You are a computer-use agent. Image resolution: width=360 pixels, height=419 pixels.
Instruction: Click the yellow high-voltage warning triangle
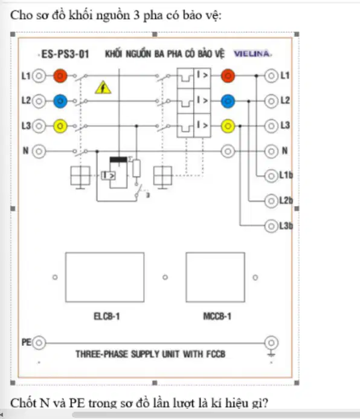(103, 88)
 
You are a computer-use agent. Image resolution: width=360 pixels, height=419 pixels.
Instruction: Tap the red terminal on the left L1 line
(60, 76)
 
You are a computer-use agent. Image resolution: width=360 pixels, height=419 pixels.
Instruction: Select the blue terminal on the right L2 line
(228, 102)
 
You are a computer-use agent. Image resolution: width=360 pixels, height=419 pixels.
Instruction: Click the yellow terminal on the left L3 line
(60, 126)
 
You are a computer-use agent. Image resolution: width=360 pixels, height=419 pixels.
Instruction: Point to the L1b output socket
(271, 176)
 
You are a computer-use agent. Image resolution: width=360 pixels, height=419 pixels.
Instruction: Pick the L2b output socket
(271, 201)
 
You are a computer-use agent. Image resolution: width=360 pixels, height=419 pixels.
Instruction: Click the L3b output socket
(271, 226)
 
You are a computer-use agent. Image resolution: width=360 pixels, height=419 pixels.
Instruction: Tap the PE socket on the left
(39, 343)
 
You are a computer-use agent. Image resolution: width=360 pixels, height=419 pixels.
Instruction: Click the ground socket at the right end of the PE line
(271, 343)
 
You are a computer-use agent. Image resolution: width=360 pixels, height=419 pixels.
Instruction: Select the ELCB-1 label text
(107, 317)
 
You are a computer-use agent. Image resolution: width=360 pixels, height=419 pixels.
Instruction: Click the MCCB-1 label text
(217, 317)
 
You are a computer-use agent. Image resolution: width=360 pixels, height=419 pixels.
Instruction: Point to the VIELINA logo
(252, 54)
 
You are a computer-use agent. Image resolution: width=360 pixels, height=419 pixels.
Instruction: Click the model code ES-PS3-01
(65, 54)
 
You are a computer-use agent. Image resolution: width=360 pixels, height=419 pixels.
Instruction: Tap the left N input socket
(39, 151)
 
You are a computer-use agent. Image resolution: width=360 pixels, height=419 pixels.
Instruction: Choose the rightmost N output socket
(271, 151)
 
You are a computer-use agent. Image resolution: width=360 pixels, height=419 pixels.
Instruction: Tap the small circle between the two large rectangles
(165, 277)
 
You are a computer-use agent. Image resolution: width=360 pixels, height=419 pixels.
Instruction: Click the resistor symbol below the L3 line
(137, 168)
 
